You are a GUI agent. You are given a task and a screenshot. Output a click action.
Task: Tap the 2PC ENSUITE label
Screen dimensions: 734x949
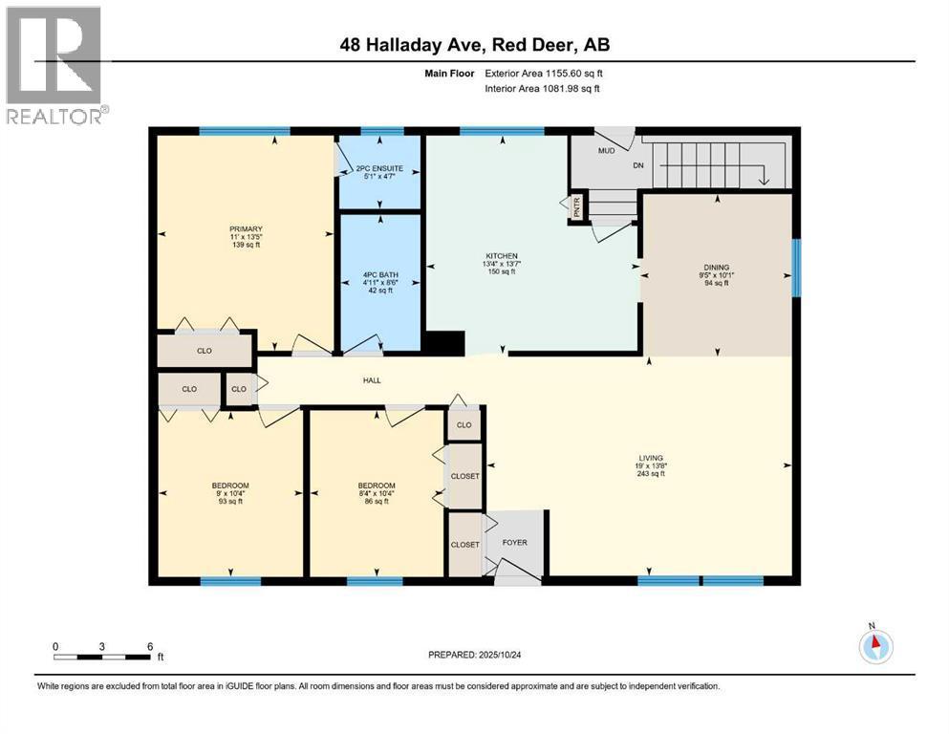click(380, 169)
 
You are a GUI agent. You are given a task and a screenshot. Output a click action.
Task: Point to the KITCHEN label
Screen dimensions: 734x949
click(502, 256)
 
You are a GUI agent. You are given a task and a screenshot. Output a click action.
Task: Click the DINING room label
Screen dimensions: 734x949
click(717, 268)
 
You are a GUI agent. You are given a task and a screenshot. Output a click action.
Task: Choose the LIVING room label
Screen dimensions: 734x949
click(651, 458)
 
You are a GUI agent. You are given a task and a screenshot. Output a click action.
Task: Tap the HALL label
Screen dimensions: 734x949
click(372, 380)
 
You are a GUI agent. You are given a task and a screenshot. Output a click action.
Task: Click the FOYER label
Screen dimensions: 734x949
click(515, 543)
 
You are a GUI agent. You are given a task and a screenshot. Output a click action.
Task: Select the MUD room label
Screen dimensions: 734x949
click(606, 150)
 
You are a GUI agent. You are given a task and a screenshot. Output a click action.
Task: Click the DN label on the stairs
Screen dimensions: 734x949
click(665, 164)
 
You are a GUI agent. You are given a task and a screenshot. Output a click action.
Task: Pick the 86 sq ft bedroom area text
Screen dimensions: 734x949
click(376, 502)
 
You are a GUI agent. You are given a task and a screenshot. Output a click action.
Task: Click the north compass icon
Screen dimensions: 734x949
click(874, 646)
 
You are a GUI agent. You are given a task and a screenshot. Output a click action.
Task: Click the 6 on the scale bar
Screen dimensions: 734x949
click(150, 646)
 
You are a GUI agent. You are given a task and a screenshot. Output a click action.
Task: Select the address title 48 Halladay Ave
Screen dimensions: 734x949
click(474, 44)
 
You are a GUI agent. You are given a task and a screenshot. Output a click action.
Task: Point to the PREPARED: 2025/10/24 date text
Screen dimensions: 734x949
click(474, 655)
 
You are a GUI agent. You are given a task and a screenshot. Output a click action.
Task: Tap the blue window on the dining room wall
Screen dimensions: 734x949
click(796, 268)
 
